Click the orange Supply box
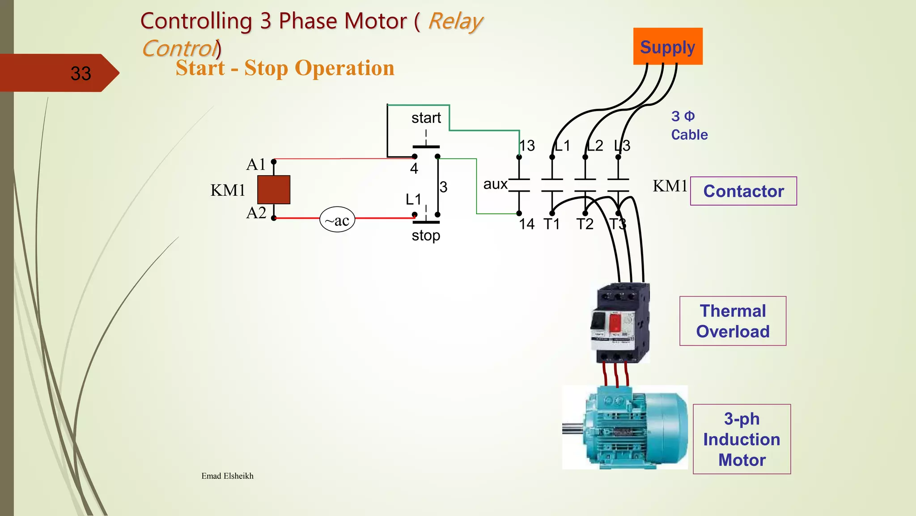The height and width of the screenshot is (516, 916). (x=667, y=47)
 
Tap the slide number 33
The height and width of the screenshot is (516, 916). (x=81, y=73)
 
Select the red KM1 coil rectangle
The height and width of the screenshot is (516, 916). (x=274, y=190)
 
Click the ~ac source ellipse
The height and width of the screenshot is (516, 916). (x=337, y=220)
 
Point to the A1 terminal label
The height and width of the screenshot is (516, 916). (x=256, y=165)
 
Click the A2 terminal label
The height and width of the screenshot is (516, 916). (x=256, y=213)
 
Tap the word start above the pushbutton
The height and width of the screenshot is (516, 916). (x=426, y=118)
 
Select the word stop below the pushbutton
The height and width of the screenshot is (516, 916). (x=426, y=236)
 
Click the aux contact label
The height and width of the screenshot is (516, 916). (x=495, y=184)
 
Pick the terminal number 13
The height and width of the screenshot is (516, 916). (x=528, y=146)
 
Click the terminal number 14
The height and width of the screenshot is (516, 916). (x=527, y=224)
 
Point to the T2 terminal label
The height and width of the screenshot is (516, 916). (x=585, y=224)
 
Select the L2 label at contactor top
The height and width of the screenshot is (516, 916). (x=595, y=146)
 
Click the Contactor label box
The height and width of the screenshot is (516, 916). (x=743, y=191)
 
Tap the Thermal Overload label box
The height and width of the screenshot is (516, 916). (x=733, y=321)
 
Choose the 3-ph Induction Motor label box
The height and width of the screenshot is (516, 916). (x=742, y=439)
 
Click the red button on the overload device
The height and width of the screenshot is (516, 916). (x=615, y=322)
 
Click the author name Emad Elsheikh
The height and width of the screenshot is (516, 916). (x=227, y=476)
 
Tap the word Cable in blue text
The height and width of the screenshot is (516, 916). (x=689, y=135)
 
